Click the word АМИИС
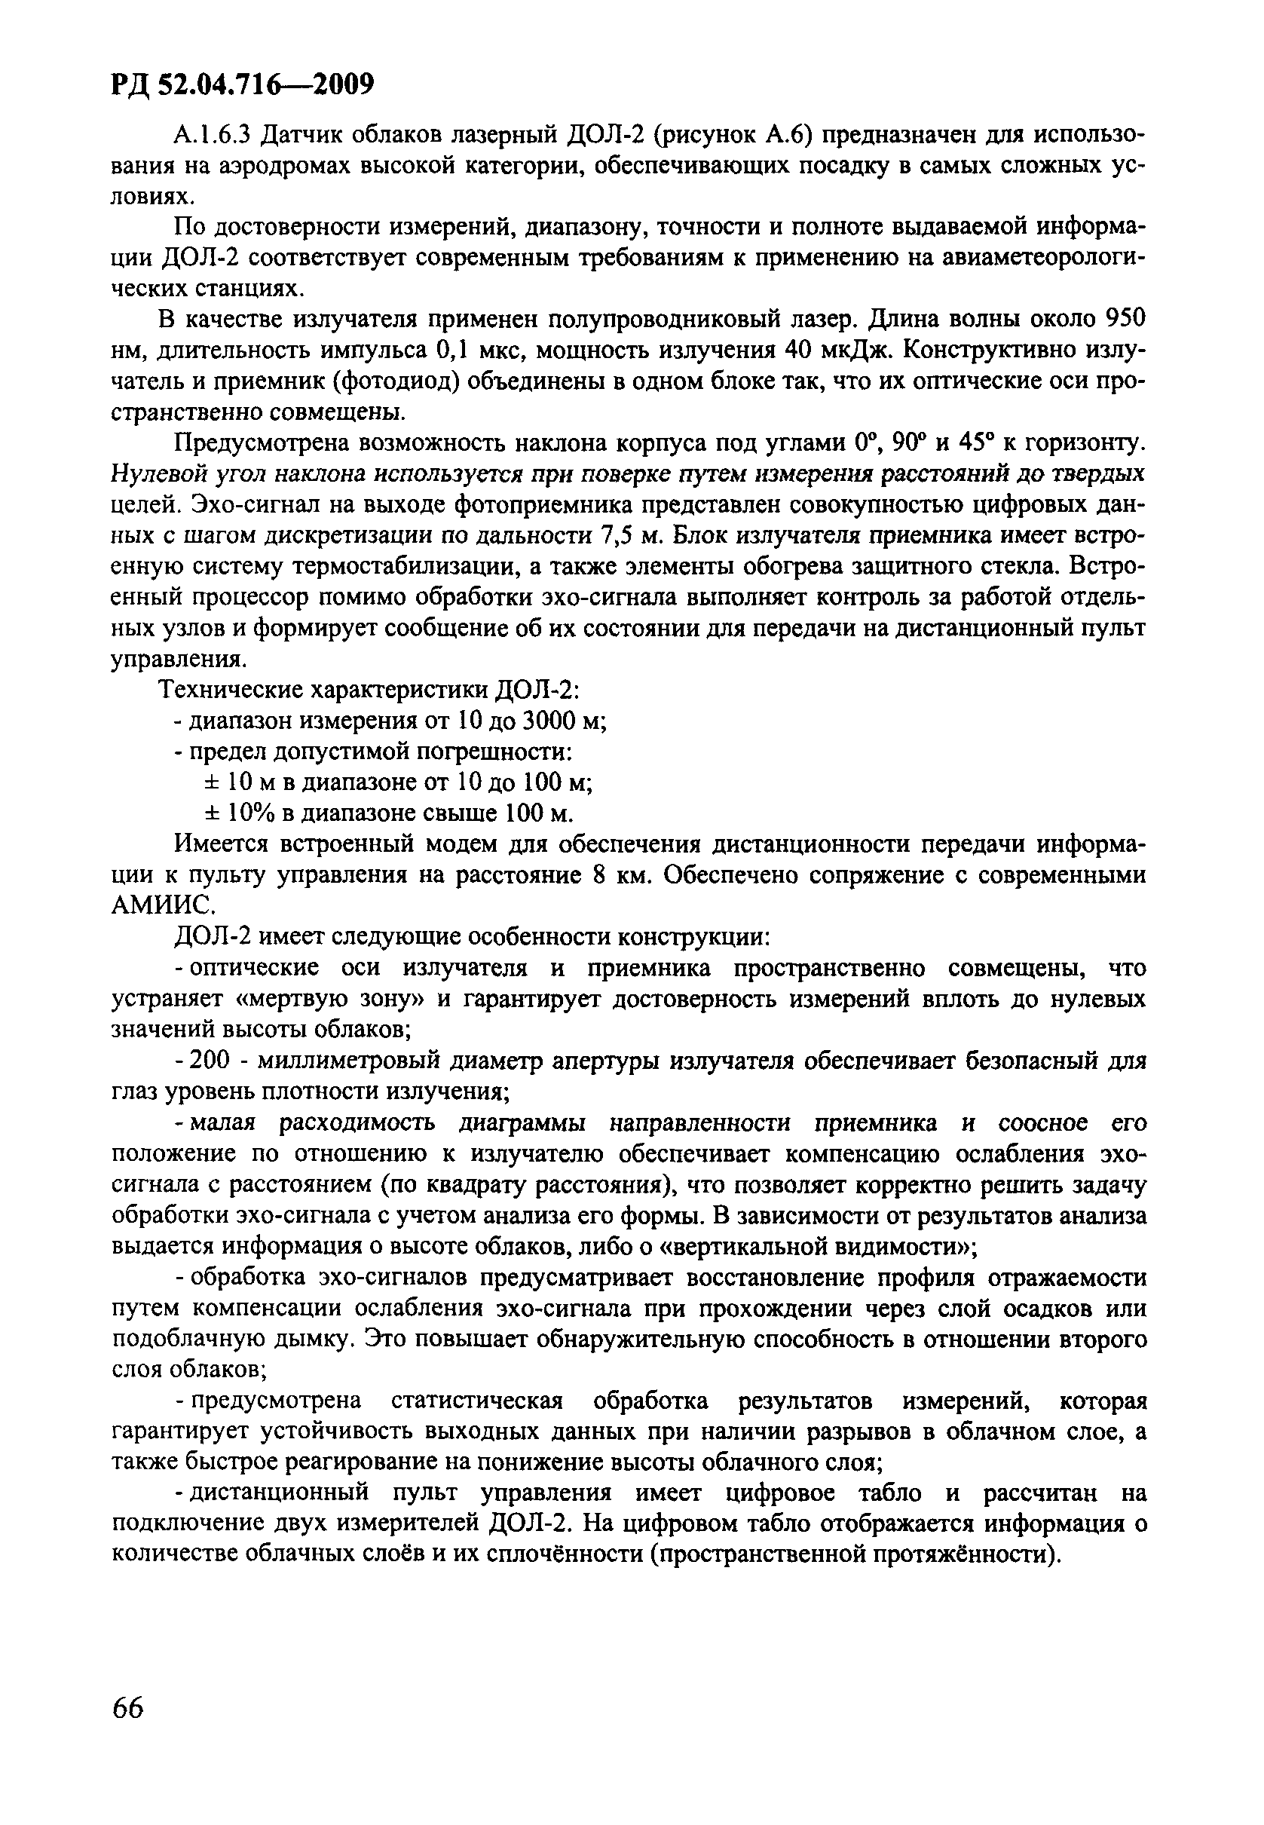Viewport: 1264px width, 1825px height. [x=163, y=906]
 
